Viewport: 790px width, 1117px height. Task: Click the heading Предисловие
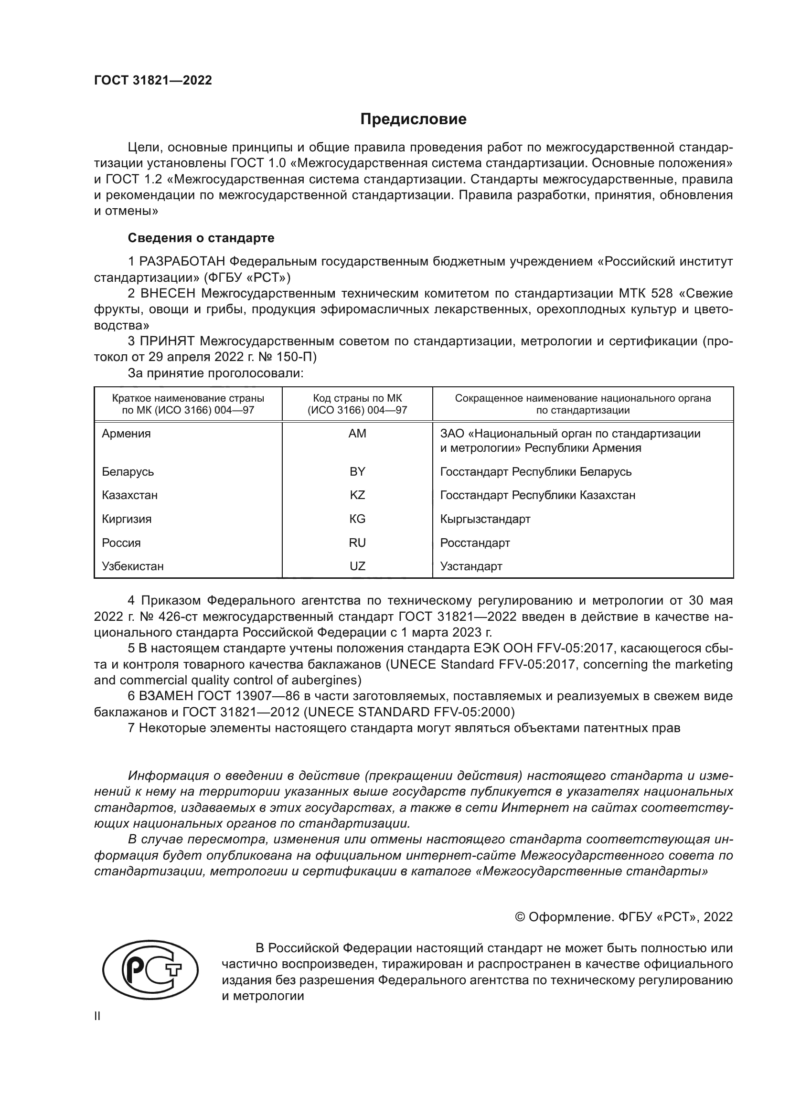pos(413,119)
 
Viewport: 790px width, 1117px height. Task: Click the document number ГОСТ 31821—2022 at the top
pos(153,81)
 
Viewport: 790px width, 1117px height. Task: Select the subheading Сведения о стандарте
pos(201,238)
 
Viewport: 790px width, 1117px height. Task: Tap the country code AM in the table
pos(357,434)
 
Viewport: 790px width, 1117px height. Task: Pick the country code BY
pos(357,471)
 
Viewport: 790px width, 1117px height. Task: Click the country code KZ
pos(357,495)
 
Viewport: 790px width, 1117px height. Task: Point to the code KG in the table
pos(357,519)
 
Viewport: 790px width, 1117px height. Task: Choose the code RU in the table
pos(357,543)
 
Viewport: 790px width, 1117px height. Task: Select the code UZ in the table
pos(357,566)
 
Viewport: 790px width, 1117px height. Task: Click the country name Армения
pos(127,434)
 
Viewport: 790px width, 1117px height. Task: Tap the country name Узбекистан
pos(133,566)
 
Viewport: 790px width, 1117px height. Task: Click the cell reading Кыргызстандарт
pos(485,519)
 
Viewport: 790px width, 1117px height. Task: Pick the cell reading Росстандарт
pos(475,543)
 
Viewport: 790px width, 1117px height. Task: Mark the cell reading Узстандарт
pos(471,566)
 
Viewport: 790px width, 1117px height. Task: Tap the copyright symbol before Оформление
pos(520,917)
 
